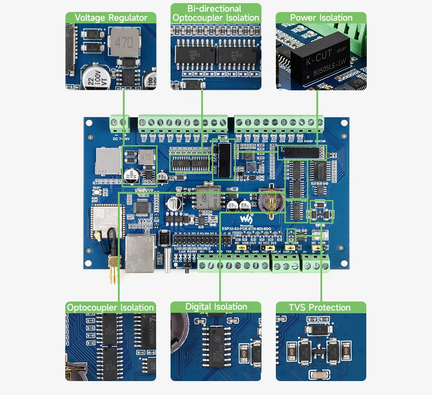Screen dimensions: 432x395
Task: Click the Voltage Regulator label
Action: tap(111, 18)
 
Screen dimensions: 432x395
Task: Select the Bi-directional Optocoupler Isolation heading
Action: tap(216, 13)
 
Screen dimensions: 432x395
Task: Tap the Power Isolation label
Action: tap(321, 18)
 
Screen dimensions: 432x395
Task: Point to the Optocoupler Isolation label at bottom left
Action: tap(111, 307)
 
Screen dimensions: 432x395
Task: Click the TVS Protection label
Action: tap(320, 307)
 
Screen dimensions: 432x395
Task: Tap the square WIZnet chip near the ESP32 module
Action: tap(143, 207)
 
